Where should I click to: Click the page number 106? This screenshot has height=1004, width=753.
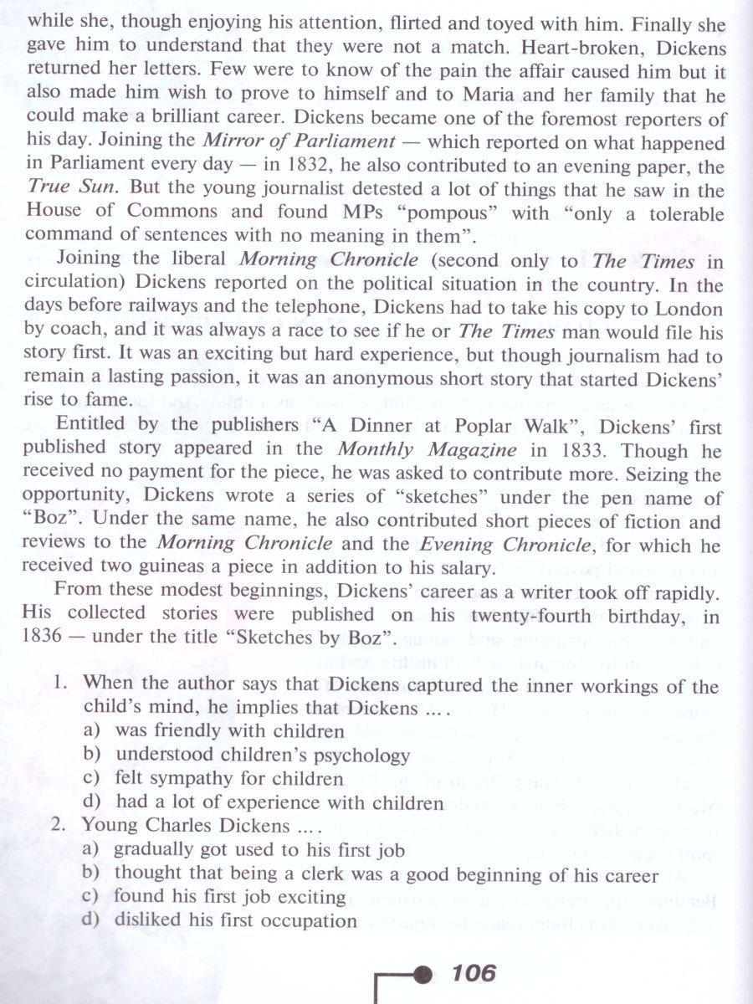pyautogui.click(x=473, y=973)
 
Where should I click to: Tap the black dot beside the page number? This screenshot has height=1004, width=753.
pyautogui.click(x=424, y=974)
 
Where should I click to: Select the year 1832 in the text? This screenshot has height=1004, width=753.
pyautogui.click(x=306, y=165)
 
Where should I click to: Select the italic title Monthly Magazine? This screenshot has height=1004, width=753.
pyautogui.click(x=455, y=450)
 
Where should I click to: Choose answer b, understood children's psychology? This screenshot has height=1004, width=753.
pyautogui.click(x=263, y=756)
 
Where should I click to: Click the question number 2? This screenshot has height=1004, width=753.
pyautogui.click(x=60, y=824)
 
